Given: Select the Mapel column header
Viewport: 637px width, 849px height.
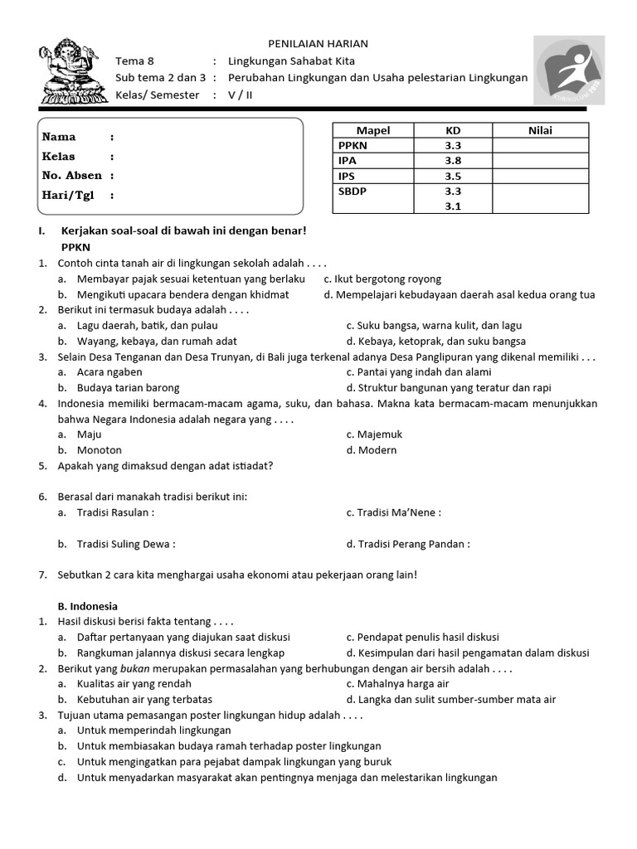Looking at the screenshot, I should click(372, 130).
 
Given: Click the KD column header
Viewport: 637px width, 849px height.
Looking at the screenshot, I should click(453, 130).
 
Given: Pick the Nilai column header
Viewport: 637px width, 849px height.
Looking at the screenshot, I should click(540, 130).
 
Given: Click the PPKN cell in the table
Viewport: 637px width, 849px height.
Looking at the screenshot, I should click(353, 145).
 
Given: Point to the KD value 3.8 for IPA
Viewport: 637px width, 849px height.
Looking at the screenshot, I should click(453, 161).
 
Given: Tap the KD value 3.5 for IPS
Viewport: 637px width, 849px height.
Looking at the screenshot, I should click(453, 177).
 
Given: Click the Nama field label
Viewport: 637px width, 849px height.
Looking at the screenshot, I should click(59, 137).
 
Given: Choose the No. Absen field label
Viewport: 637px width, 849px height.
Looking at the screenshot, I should click(71, 176).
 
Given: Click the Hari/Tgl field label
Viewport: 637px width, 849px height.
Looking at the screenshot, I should click(68, 196).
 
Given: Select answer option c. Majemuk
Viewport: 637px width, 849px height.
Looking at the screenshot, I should click(372, 434).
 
